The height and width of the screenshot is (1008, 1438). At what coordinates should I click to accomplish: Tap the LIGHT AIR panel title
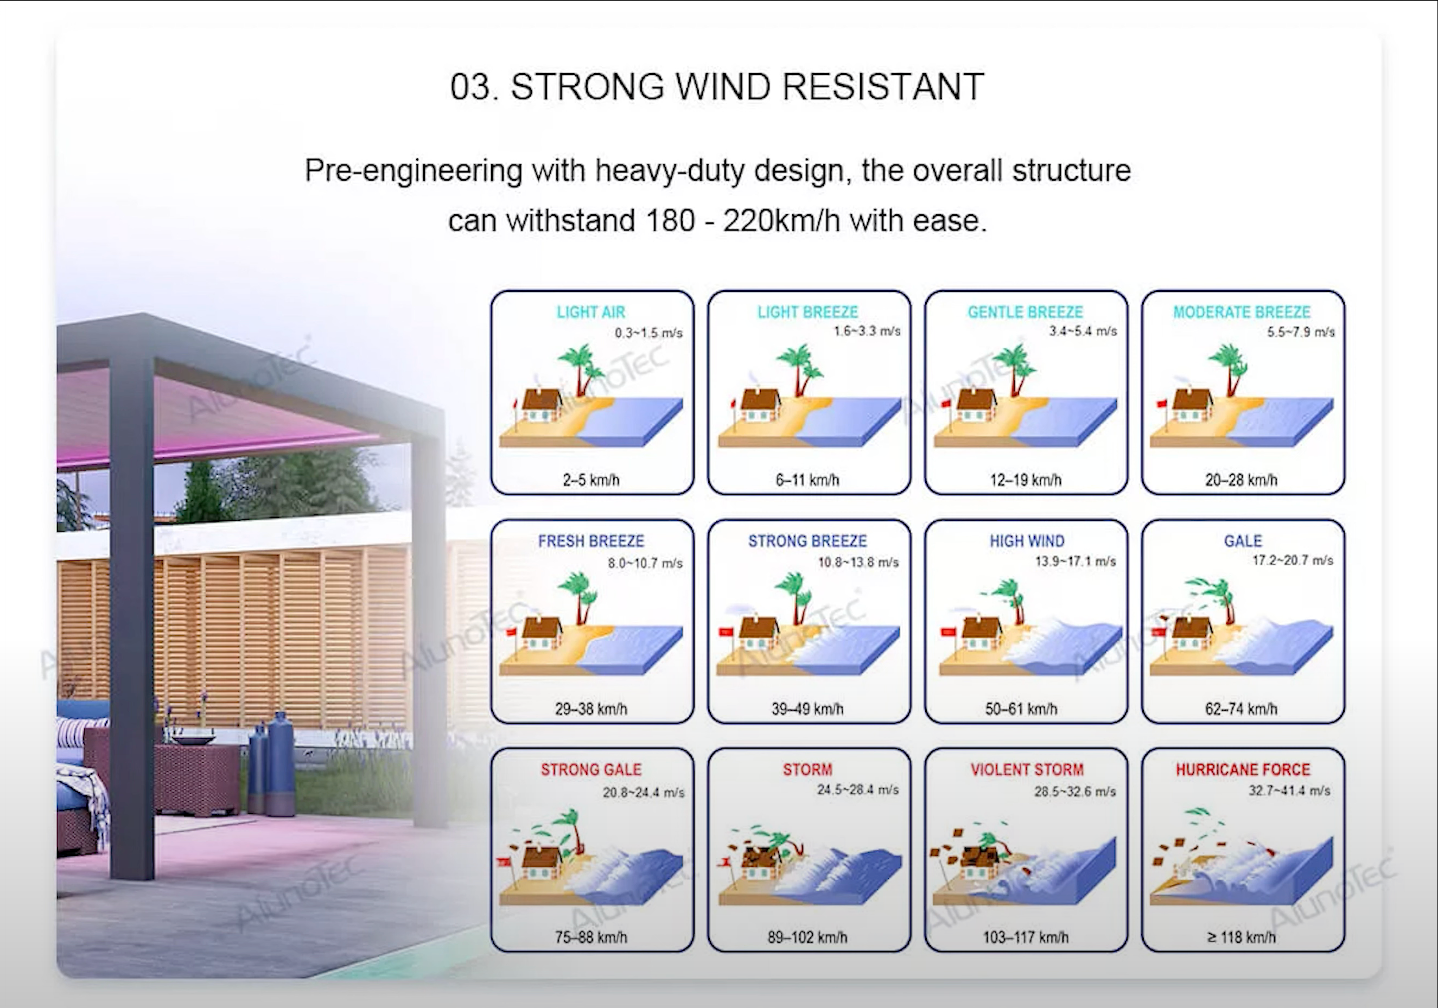tap(590, 312)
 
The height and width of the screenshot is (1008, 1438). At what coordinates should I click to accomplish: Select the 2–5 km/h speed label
tap(590, 480)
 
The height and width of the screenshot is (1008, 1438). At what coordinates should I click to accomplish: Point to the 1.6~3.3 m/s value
tap(866, 331)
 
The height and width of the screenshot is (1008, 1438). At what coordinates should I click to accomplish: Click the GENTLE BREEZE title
tap(1025, 312)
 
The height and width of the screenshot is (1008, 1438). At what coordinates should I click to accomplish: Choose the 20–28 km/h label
tap(1240, 480)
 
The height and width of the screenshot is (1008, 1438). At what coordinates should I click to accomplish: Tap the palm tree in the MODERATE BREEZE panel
tap(1229, 369)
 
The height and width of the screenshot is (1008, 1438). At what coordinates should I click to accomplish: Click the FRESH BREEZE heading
tap(590, 541)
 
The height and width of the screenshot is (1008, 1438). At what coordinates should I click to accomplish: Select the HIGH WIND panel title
tap(1027, 541)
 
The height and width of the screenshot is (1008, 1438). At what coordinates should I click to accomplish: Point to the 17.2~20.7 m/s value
tap(1292, 560)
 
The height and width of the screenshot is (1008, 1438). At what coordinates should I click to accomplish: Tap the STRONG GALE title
tap(590, 769)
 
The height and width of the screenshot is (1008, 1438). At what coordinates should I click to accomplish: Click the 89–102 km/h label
tap(807, 937)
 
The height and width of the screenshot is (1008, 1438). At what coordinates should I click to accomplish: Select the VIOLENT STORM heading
tap(1027, 769)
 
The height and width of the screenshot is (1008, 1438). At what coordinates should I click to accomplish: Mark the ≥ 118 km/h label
tap(1240, 937)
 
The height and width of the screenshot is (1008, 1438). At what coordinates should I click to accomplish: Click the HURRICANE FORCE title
tap(1243, 769)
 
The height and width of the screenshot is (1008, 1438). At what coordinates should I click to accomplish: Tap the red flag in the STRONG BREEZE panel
tap(726, 633)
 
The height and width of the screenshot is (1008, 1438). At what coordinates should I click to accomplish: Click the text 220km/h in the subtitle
tap(781, 220)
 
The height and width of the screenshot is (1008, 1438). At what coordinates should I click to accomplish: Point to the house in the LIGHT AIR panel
tap(541, 405)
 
